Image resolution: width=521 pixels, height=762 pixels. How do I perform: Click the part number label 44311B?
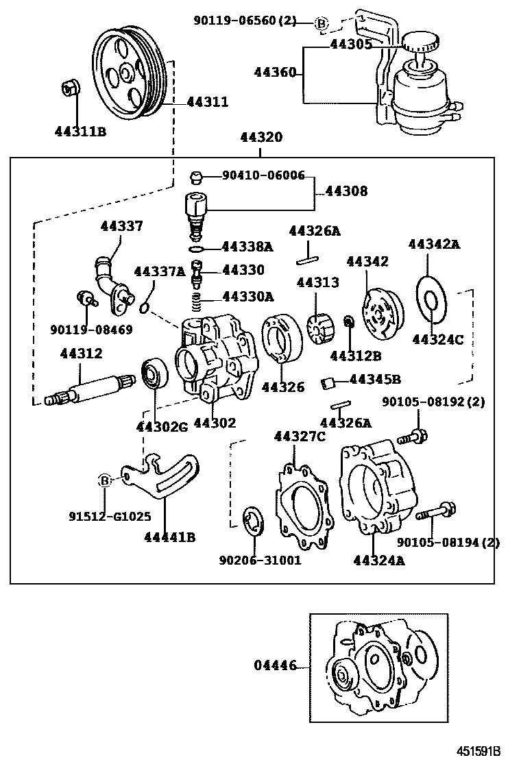click(80, 131)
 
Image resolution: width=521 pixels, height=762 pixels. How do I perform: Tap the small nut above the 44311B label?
click(69, 86)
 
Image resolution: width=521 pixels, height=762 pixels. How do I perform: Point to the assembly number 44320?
click(260, 138)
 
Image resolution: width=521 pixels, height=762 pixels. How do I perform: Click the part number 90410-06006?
click(263, 176)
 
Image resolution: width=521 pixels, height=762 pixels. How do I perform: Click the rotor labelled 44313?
click(319, 328)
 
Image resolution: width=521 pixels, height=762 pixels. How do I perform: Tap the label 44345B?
click(375, 379)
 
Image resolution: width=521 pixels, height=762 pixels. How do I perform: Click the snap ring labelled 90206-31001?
click(255, 519)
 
